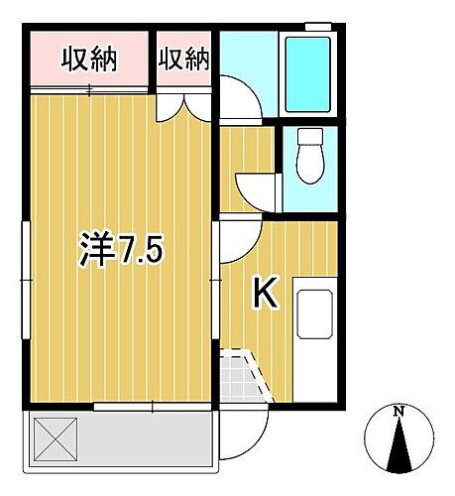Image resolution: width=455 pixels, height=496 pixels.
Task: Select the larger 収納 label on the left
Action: click(x=90, y=60)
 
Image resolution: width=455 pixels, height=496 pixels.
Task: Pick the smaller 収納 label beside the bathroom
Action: click(x=183, y=60)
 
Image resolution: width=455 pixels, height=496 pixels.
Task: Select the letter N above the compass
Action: click(x=398, y=411)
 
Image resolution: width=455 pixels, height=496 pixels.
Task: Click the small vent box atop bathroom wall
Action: click(x=317, y=24)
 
